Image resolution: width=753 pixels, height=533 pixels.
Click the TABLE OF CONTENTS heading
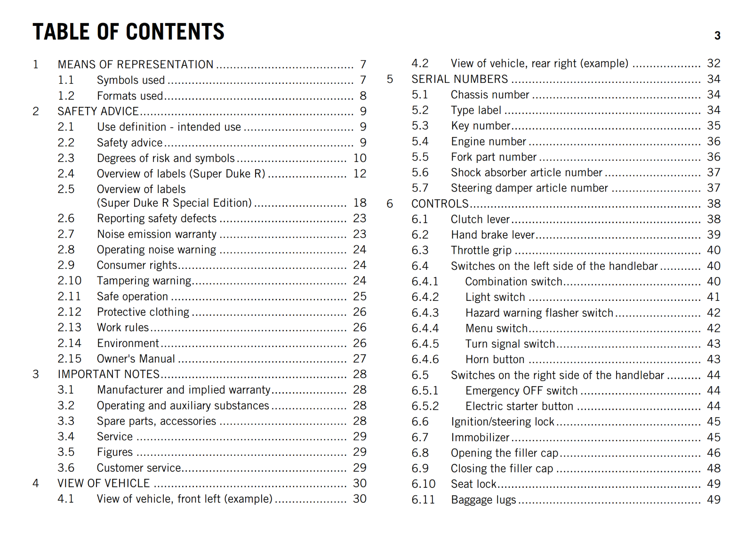point(128,32)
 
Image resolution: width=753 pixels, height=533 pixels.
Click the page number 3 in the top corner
point(717,36)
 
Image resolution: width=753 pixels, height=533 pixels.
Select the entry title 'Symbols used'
point(131,80)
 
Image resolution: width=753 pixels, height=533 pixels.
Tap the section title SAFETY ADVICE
point(98,111)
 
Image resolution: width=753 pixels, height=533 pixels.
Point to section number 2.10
point(70,281)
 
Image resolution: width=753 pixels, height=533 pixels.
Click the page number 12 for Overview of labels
point(360,174)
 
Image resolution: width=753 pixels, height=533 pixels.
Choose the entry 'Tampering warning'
point(144,281)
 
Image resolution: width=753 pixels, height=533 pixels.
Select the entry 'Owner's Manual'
point(136,359)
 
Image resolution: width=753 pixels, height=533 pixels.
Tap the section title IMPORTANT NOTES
point(109,374)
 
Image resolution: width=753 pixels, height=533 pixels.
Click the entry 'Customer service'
point(139,468)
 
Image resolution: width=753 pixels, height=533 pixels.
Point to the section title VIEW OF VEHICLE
point(104,484)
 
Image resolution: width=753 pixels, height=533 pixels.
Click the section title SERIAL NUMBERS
point(460,79)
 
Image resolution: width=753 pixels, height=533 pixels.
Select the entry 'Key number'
point(481,126)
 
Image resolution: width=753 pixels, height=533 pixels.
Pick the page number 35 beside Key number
point(713,126)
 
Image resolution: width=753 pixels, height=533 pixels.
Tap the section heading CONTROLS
point(440,204)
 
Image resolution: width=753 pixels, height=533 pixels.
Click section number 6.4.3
point(425,313)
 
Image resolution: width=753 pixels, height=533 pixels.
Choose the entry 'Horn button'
point(495,360)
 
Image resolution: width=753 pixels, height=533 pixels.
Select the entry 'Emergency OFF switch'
point(521,391)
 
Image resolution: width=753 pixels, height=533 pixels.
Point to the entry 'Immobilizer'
point(480,437)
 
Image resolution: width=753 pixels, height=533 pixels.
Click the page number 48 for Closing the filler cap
point(713,468)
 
